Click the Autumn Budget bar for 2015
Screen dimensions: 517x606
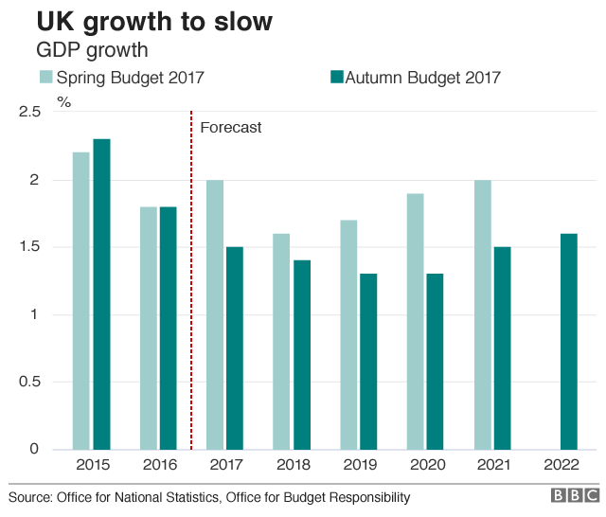tap(101, 294)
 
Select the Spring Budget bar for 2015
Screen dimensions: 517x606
tap(81, 300)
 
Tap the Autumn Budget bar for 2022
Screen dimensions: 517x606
tap(569, 341)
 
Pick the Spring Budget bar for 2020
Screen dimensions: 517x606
tap(415, 321)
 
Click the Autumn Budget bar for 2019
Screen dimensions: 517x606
tap(368, 361)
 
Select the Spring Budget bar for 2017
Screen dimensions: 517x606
tap(215, 314)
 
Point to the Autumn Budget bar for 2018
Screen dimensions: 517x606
tap(301, 354)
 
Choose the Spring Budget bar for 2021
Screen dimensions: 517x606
tap(482, 314)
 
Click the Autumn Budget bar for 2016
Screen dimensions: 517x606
tap(168, 328)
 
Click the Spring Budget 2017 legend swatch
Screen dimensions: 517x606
tap(45, 78)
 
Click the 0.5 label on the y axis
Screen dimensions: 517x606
tap(29, 382)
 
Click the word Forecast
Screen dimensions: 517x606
tap(230, 127)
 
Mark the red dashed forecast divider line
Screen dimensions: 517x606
tap(191, 284)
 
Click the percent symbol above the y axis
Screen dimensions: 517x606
tap(64, 101)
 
